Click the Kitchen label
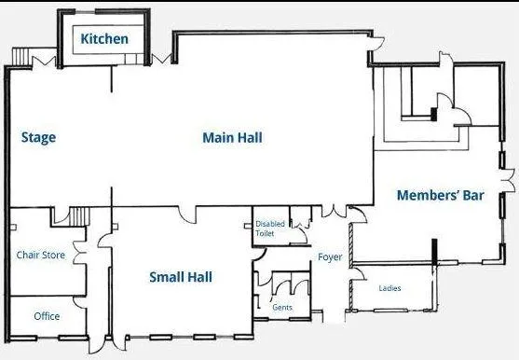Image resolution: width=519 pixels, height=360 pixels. pyautogui.click(x=104, y=39)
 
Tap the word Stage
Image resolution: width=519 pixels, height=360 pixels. pyautogui.click(x=38, y=138)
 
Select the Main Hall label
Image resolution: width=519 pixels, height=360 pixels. pyautogui.click(x=232, y=138)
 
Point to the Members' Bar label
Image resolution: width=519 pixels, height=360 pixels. pyautogui.click(x=440, y=195)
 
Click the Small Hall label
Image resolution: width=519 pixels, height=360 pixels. pyautogui.click(x=181, y=277)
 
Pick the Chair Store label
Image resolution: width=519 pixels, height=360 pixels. pyautogui.click(x=41, y=255)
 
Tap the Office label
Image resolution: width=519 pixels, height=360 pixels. pyautogui.click(x=47, y=316)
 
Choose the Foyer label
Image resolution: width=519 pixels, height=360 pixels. pyautogui.click(x=330, y=257)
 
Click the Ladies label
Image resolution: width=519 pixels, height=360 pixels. pyautogui.click(x=389, y=288)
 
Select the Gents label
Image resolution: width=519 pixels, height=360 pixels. pyautogui.click(x=282, y=308)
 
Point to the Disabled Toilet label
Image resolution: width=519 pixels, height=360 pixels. pyautogui.click(x=270, y=228)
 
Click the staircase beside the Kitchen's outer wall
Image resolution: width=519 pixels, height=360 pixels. pyautogui.click(x=21, y=57)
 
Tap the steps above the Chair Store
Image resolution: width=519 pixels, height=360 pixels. pyautogui.click(x=79, y=217)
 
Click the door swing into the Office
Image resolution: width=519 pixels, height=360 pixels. pyautogui.click(x=79, y=303)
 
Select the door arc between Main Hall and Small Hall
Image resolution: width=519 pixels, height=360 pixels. pyautogui.click(x=187, y=215)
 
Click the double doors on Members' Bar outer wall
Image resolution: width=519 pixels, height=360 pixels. pyautogui.click(x=508, y=181)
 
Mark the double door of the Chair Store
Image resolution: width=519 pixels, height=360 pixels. pyautogui.click(x=79, y=253)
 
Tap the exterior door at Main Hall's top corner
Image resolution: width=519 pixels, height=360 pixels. pyautogui.click(x=376, y=44)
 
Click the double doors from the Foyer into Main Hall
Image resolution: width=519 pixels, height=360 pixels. pyautogui.click(x=334, y=212)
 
